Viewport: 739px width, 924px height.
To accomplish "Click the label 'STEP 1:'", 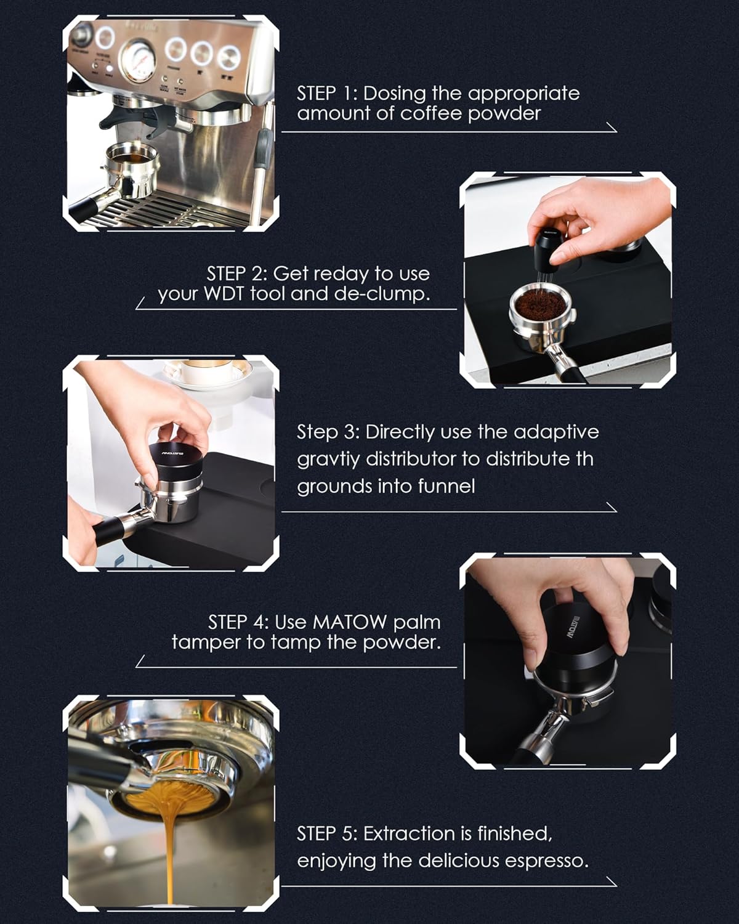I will click(326, 94).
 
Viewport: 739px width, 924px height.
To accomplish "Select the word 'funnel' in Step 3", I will click(446, 487).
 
